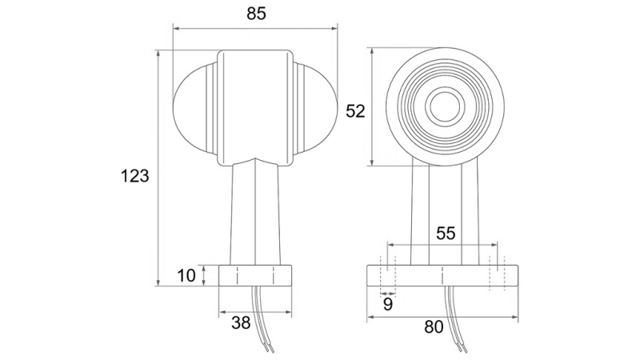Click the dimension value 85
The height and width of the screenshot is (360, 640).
(x=255, y=14)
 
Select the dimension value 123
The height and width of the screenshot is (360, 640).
(x=135, y=176)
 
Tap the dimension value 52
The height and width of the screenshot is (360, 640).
(x=354, y=111)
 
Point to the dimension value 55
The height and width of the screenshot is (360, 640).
(x=446, y=233)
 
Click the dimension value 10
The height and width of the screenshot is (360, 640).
(x=186, y=276)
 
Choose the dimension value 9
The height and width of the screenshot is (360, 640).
(x=387, y=304)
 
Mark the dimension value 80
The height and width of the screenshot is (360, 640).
(x=434, y=326)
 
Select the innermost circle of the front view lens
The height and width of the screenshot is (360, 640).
(x=444, y=106)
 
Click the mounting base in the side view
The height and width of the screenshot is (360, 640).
(x=255, y=276)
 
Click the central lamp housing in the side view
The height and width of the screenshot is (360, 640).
(x=255, y=104)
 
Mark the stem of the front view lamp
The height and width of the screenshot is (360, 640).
(x=445, y=212)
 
